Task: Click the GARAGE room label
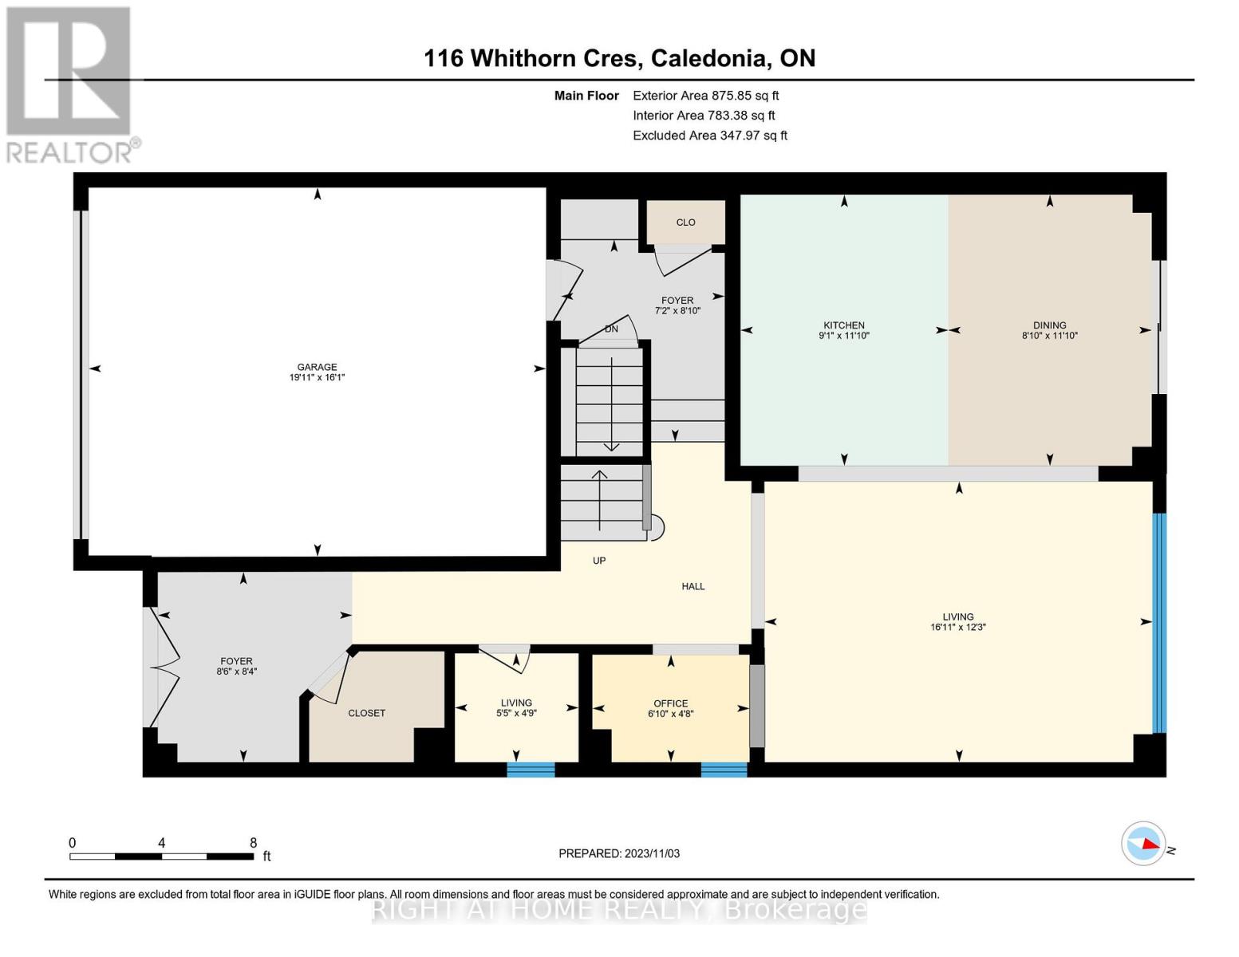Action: pyautogui.click(x=317, y=368)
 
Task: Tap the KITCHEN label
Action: pyautogui.click(x=844, y=325)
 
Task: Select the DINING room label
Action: pyautogui.click(x=1049, y=325)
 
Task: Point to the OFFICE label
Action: pyautogui.click(x=670, y=703)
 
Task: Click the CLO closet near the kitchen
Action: pyautogui.click(x=685, y=223)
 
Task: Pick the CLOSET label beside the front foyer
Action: pyautogui.click(x=367, y=713)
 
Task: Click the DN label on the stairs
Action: pyautogui.click(x=611, y=329)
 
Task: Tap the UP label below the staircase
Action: pyautogui.click(x=599, y=561)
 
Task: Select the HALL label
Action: pyautogui.click(x=692, y=586)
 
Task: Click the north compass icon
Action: pyautogui.click(x=1144, y=843)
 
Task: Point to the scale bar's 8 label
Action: pyautogui.click(x=253, y=843)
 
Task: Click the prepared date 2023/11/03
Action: pyautogui.click(x=619, y=853)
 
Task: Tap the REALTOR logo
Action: pyautogui.click(x=70, y=84)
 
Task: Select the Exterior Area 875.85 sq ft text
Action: pyautogui.click(x=705, y=95)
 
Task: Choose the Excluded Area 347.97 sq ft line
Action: pyautogui.click(x=709, y=136)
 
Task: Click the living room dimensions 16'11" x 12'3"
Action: pyautogui.click(x=958, y=628)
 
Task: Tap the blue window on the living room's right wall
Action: pyautogui.click(x=1159, y=623)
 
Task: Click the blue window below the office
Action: pyautogui.click(x=724, y=770)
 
